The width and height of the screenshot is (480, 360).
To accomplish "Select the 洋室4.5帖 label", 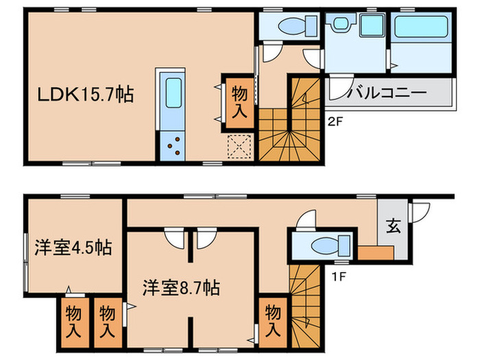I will (x=73, y=247).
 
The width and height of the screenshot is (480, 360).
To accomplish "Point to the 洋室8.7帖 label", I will (x=181, y=286).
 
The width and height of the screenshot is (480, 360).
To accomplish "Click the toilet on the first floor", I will (x=322, y=245).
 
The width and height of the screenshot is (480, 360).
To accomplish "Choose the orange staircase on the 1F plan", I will (x=304, y=302).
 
